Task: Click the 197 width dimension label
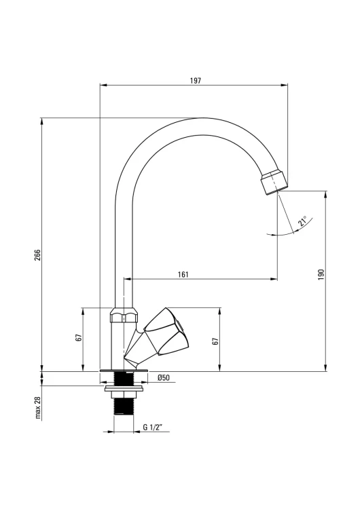195,81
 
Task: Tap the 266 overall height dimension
38,255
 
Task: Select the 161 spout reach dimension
183,274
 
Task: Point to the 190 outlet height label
321,274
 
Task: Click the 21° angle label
302,221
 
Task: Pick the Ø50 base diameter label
164,377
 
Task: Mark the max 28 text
38,407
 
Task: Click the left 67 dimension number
78,337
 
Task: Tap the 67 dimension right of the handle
215,341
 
